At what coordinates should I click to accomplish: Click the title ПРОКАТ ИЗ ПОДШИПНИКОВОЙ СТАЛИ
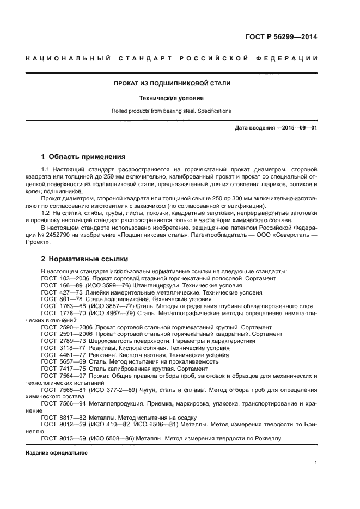click(x=172, y=83)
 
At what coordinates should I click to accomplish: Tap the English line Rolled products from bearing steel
click(x=172, y=111)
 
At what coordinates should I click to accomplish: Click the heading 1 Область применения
click(x=83, y=157)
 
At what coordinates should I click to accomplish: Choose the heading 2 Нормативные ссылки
click(x=84, y=259)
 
